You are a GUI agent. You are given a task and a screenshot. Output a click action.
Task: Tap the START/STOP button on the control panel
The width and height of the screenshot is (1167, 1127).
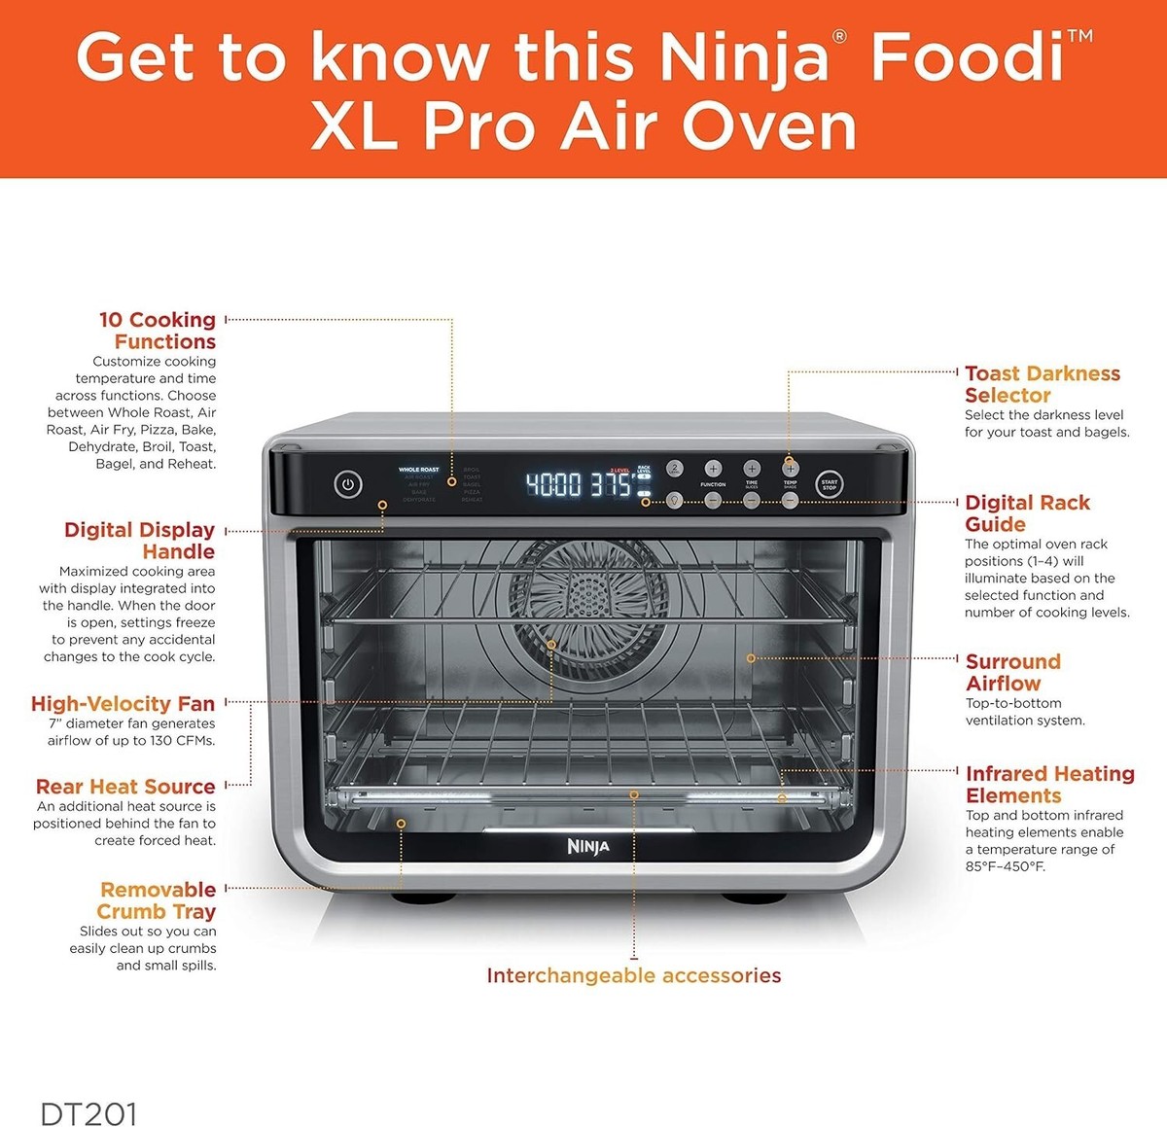pyautogui.click(x=829, y=484)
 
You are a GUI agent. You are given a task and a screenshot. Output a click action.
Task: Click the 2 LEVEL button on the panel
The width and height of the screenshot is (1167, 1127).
pyautogui.click(x=675, y=469)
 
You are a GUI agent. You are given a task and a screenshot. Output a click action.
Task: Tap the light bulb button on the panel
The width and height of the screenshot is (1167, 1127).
pyautogui.click(x=675, y=500)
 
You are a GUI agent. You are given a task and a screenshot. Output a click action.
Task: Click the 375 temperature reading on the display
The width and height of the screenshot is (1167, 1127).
pyautogui.click(x=613, y=484)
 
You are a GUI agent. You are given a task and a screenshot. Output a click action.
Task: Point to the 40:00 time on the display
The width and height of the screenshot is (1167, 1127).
pyautogui.click(x=553, y=484)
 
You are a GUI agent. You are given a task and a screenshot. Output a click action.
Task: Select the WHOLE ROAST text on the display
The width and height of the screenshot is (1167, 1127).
pyautogui.click(x=418, y=470)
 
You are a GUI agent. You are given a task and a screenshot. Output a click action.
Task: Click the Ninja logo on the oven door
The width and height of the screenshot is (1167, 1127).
pyautogui.click(x=588, y=847)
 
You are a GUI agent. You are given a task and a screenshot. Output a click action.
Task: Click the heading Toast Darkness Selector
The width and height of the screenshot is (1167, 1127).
pyautogui.click(x=1042, y=384)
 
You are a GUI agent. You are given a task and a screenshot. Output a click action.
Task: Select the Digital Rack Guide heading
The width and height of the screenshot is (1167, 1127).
pyautogui.click(x=1027, y=513)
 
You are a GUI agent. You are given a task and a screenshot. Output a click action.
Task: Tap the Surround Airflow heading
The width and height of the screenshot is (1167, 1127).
pyautogui.click(x=1012, y=672)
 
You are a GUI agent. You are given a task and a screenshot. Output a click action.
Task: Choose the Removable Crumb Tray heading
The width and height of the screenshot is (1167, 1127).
pyautogui.click(x=157, y=900)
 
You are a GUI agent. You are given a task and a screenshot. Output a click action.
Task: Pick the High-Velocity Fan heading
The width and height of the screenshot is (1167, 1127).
pyautogui.click(x=123, y=703)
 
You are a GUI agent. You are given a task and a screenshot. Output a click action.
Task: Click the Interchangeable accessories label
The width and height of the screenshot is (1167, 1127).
pyautogui.click(x=633, y=975)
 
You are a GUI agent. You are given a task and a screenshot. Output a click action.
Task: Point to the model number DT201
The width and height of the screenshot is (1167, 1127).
pyautogui.click(x=88, y=1113)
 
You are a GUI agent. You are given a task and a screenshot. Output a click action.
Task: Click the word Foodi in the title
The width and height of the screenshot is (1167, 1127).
pyautogui.click(x=968, y=58)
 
